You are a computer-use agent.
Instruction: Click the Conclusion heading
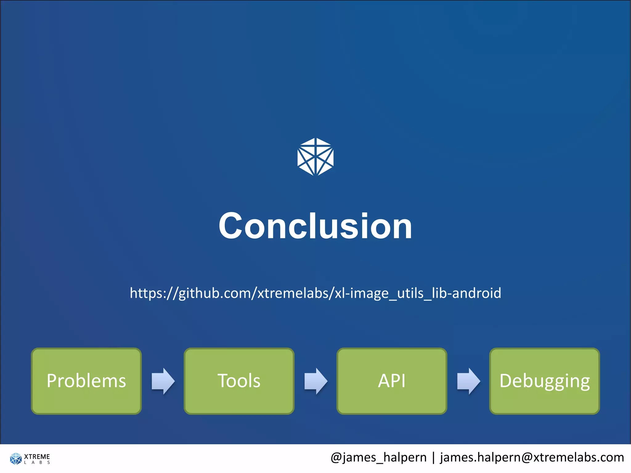315,226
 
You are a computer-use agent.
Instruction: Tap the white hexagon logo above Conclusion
315,157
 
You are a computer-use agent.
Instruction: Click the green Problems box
86,381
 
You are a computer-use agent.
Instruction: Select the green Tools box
239,381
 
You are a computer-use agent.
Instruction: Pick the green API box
392,381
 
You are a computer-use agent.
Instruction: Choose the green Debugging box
544,381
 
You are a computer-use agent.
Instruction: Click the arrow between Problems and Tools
163,381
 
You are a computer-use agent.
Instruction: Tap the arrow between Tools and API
316,381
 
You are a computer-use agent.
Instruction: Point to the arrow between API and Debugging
468,381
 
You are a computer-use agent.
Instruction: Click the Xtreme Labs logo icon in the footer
16,459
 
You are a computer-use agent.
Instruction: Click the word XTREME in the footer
37,456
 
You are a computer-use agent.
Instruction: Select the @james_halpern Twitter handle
378,457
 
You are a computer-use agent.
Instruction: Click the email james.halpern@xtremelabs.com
532,457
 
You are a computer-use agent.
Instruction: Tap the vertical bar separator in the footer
434,457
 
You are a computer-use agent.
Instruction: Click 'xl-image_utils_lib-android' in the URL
418,293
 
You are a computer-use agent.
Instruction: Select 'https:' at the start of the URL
148,293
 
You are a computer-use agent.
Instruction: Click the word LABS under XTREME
37,463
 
